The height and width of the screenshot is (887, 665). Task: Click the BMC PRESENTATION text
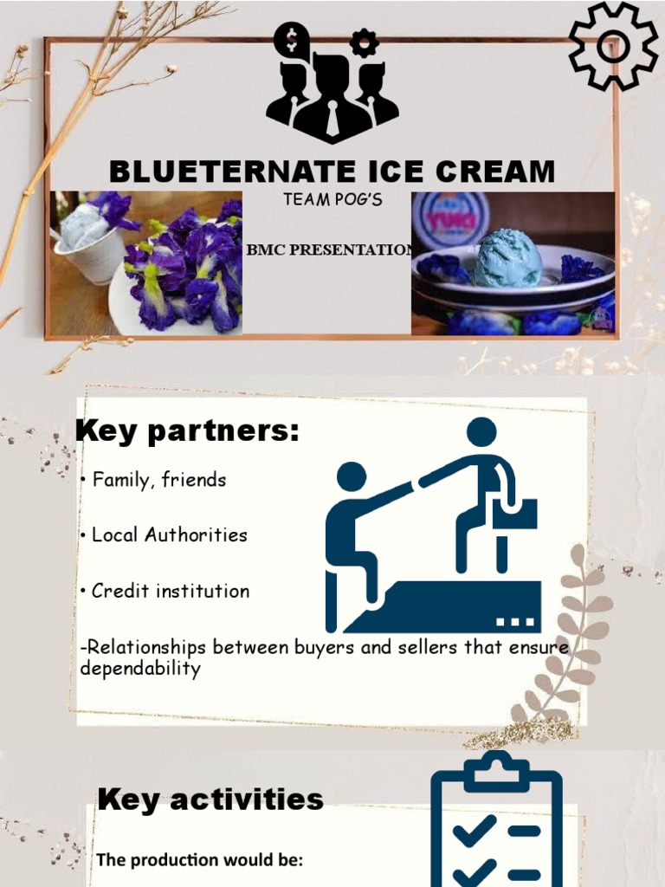(329, 250)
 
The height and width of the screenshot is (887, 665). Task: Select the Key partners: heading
(187, 431)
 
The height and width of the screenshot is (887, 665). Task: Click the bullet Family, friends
(159, 480)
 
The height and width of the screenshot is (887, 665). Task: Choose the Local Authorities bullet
(170, 535)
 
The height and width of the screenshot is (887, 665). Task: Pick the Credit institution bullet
(171, 592)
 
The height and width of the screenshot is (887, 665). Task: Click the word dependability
(139, 669)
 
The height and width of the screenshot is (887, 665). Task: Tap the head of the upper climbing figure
(481, 431)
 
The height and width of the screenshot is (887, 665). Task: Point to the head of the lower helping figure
(351, 476)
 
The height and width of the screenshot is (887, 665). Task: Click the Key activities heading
(210, 800)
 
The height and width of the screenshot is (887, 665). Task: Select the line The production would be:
(198, 860)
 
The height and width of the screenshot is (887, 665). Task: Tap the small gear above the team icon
(364, 42)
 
